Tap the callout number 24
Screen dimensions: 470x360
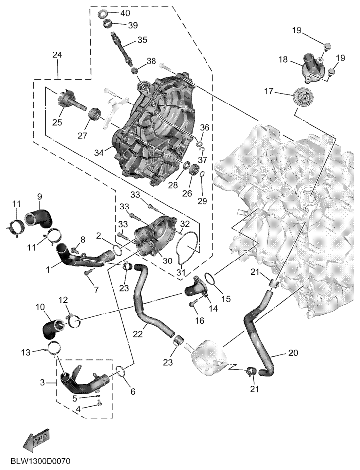tap(58, 55)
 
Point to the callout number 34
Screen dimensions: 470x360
tap(100, 153)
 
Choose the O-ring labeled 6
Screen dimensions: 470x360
tap(120, 370)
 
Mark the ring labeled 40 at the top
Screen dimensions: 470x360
tap(104, 13)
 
